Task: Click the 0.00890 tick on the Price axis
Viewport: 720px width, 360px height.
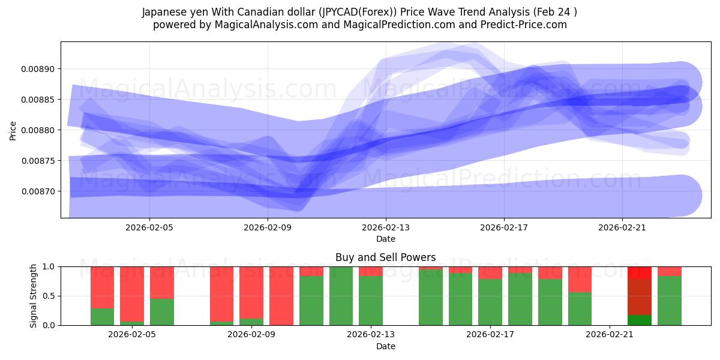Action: click(38, 69)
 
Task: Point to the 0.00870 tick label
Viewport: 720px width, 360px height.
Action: click(38, 191)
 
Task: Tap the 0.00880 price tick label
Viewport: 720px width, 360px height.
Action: click(38, 130)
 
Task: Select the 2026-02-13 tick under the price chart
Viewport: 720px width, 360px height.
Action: click(385, 228)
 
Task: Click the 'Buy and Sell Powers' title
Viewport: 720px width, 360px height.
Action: click(385, 257)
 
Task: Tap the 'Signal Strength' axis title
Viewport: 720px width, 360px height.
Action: click(34, 296)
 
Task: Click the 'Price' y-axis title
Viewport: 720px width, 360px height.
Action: click(13, 130)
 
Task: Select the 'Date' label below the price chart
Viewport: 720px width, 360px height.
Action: click(385, 239)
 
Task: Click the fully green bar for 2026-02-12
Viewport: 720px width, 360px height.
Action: click(341, 296)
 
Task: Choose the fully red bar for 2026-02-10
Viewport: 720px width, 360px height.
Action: click(281, 296)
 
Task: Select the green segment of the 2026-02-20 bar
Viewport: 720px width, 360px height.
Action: click(580, 308)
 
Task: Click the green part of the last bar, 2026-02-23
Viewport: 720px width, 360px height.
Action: click(669, 301)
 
